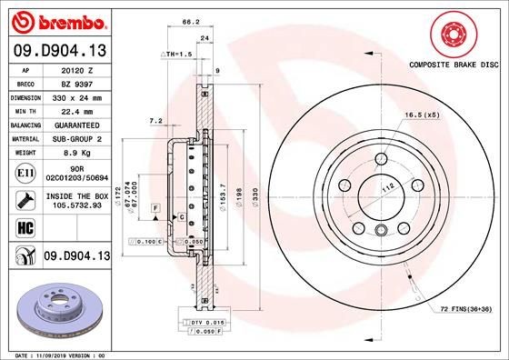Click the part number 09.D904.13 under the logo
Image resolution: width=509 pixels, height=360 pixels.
[58, 51]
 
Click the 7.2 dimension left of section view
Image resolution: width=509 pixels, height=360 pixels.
[155, 120]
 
